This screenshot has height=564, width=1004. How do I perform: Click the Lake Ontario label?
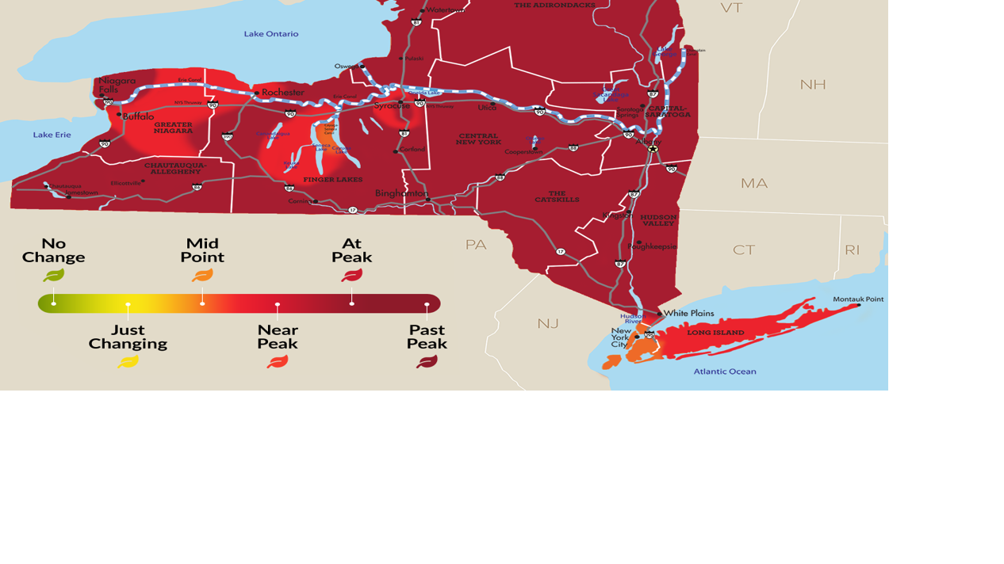[271, 34]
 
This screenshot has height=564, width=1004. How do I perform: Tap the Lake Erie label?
[52, 135]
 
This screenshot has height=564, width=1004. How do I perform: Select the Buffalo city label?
[138, 116]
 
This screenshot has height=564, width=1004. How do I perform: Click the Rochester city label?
[282, 93]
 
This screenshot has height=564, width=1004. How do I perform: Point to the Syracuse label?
[392, 105]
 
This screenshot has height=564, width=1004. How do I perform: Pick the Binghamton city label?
[401, 193]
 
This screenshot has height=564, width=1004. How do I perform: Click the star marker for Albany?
[653, 148]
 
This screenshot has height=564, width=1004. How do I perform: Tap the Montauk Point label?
[858, 299]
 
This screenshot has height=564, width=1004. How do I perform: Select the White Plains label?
[688, 313]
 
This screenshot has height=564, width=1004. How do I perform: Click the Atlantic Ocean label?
[725, 372]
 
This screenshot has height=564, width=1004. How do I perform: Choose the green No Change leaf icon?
[54, 276]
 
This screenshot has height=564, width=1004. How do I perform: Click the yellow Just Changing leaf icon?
[128, 362]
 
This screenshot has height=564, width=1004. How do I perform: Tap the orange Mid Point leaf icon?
[202, 276]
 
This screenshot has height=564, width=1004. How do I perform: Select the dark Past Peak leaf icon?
[427, 362]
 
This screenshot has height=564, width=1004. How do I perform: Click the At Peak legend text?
[351, 250]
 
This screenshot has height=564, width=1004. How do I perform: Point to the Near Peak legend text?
[278, 337]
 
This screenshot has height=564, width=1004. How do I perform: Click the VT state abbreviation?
[731, 8]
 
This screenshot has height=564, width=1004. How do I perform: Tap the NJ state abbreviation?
[548, 323]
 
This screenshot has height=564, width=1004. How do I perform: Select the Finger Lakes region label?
[333, 180]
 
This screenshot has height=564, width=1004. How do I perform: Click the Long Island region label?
[715, 333]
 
